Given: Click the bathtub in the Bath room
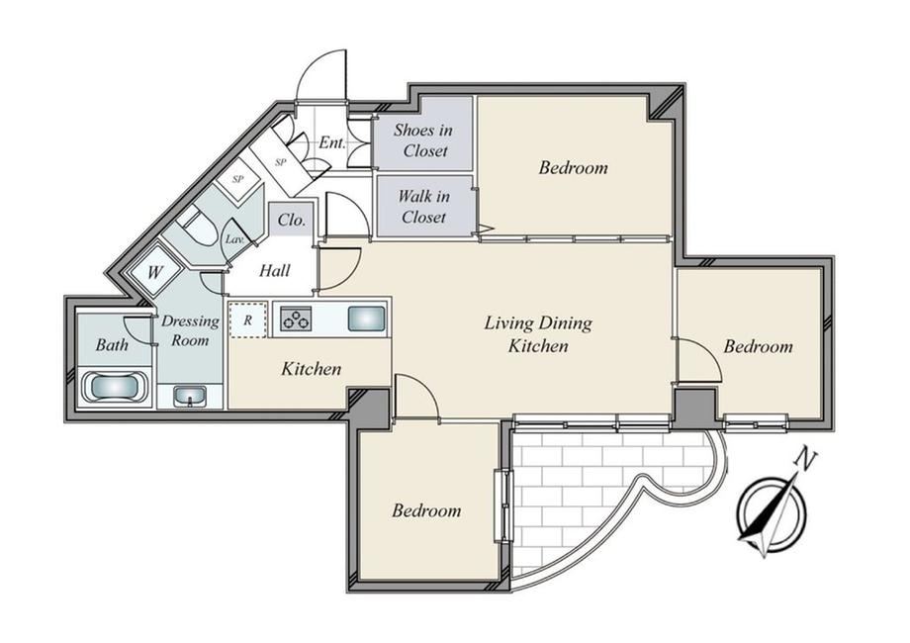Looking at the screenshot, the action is (x=114, y=387).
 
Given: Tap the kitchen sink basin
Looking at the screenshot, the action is (x=366, y=319).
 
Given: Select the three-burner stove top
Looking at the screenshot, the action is (x=296, y=319).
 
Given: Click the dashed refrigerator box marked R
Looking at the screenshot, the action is (x=248, y=320).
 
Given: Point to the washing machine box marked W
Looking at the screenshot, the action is (x=154, y=272).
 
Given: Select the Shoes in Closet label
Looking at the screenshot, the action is (x=423, y=140).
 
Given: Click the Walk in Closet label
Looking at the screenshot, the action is (x=423, y=207).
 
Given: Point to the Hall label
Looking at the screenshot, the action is (x=275, y=270).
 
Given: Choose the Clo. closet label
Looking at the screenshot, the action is (x=292, y=220).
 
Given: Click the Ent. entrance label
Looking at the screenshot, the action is (x=332, y=142).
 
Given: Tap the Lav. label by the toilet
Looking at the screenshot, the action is (x=234, y=238).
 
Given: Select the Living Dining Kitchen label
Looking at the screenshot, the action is (x=538, y=334).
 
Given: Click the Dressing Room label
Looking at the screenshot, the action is (x=190, y=330).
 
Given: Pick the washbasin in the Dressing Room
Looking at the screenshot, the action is (x=190, y=397).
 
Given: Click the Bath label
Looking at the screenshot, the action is (x=112, y=344).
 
